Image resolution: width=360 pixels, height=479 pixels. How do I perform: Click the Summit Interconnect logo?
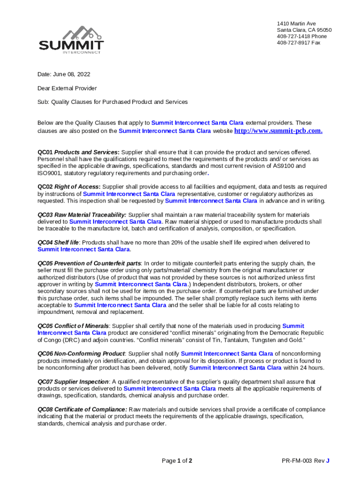[x=72, y=40]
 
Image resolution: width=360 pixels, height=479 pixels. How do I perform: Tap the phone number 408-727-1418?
[x=302, y=36]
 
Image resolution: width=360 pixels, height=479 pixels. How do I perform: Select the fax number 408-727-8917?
[x=298, y=43]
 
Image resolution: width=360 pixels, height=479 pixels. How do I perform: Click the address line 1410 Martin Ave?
[x=296, y=23]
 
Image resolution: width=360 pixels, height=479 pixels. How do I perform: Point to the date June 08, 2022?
[x=64, y=74]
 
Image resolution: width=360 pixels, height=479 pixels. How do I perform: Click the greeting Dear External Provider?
[x=67, y=88]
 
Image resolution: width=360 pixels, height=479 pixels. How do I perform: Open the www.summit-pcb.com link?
[x=278, y=131]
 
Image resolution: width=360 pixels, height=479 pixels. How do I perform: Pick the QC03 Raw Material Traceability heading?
[x=82, y=215]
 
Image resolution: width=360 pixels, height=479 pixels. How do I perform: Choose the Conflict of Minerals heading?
[x=73, y=326]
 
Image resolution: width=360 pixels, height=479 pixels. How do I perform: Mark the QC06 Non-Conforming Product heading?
[x=81, y=354]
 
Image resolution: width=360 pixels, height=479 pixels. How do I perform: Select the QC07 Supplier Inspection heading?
[x=73, y=382]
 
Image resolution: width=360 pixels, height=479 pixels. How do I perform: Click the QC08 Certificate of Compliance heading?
[x=82, y=409]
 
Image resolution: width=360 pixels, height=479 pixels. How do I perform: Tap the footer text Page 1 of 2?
[x=177, y=461]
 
